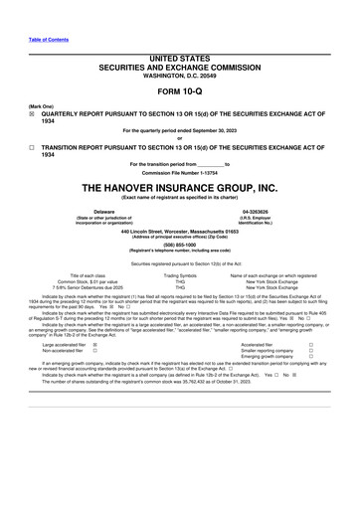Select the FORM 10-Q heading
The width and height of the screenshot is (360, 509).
[180, 92]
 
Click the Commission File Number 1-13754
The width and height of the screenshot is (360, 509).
[180, 173]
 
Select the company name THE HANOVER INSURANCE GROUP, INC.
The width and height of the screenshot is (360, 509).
[180, 188]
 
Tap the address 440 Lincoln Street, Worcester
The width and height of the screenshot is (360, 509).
[180, 231]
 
